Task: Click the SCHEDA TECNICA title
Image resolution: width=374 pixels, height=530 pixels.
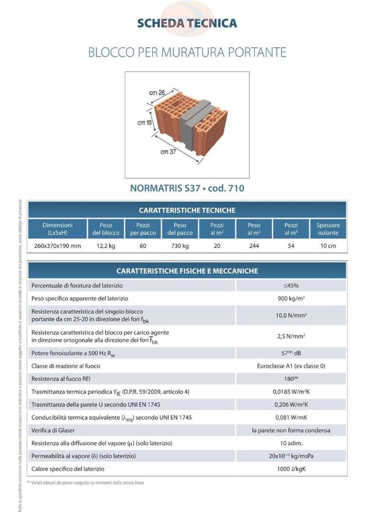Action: tap(187, 23)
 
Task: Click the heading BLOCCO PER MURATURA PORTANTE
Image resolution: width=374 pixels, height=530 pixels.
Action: tap(187, 53)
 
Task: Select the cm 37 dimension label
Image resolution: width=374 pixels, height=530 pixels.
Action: tap(169, 150)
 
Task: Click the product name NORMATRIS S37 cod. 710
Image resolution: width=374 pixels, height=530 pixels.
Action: tap(187, 188)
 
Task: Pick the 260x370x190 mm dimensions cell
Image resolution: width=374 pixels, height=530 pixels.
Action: tap(57, 246)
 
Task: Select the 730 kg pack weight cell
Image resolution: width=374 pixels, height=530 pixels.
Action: tap(179, 246)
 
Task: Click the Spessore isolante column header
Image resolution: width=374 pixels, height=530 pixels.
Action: tap(328, 229)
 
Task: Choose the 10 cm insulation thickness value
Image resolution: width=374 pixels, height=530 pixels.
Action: tap(328, 246)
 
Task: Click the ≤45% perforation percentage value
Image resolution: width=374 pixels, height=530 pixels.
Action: tap(291, 286)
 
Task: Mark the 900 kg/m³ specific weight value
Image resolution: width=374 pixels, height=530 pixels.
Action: tap(291, 299)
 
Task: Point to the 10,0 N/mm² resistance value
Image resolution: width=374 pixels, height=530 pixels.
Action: tap(291, 316)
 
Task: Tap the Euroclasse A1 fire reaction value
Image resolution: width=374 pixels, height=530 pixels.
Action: tap(291, 366)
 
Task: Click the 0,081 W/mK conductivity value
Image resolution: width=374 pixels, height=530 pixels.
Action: tap(291, 417)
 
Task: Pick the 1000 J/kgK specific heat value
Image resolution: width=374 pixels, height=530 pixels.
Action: tap(291, 469)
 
